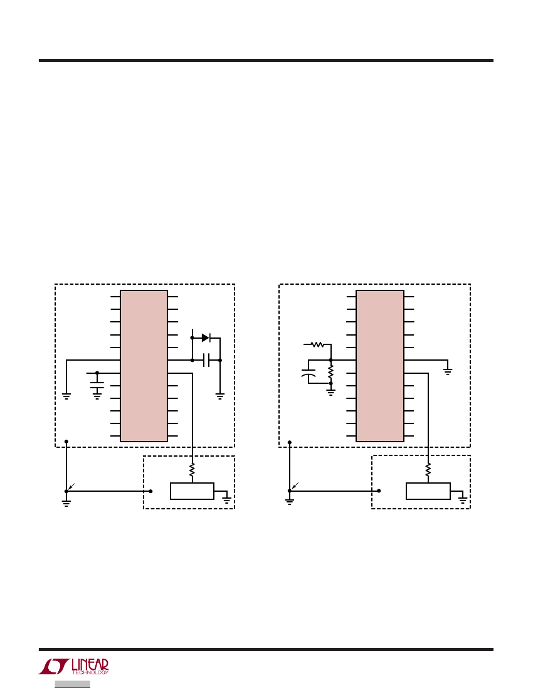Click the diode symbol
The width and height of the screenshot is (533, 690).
[206, 338]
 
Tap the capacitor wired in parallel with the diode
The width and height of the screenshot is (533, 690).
[206, 361]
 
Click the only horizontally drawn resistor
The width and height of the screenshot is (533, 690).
[317, 344]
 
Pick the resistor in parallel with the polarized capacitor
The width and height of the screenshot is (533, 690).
[330, 372]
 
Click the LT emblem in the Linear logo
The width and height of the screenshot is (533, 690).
[54, 666]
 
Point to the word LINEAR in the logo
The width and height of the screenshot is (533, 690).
[90, 664]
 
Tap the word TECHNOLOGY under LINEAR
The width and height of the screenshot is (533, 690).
[90, 672]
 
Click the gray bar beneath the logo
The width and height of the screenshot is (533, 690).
[73, 684]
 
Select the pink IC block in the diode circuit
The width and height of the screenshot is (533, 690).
[144, 366]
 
